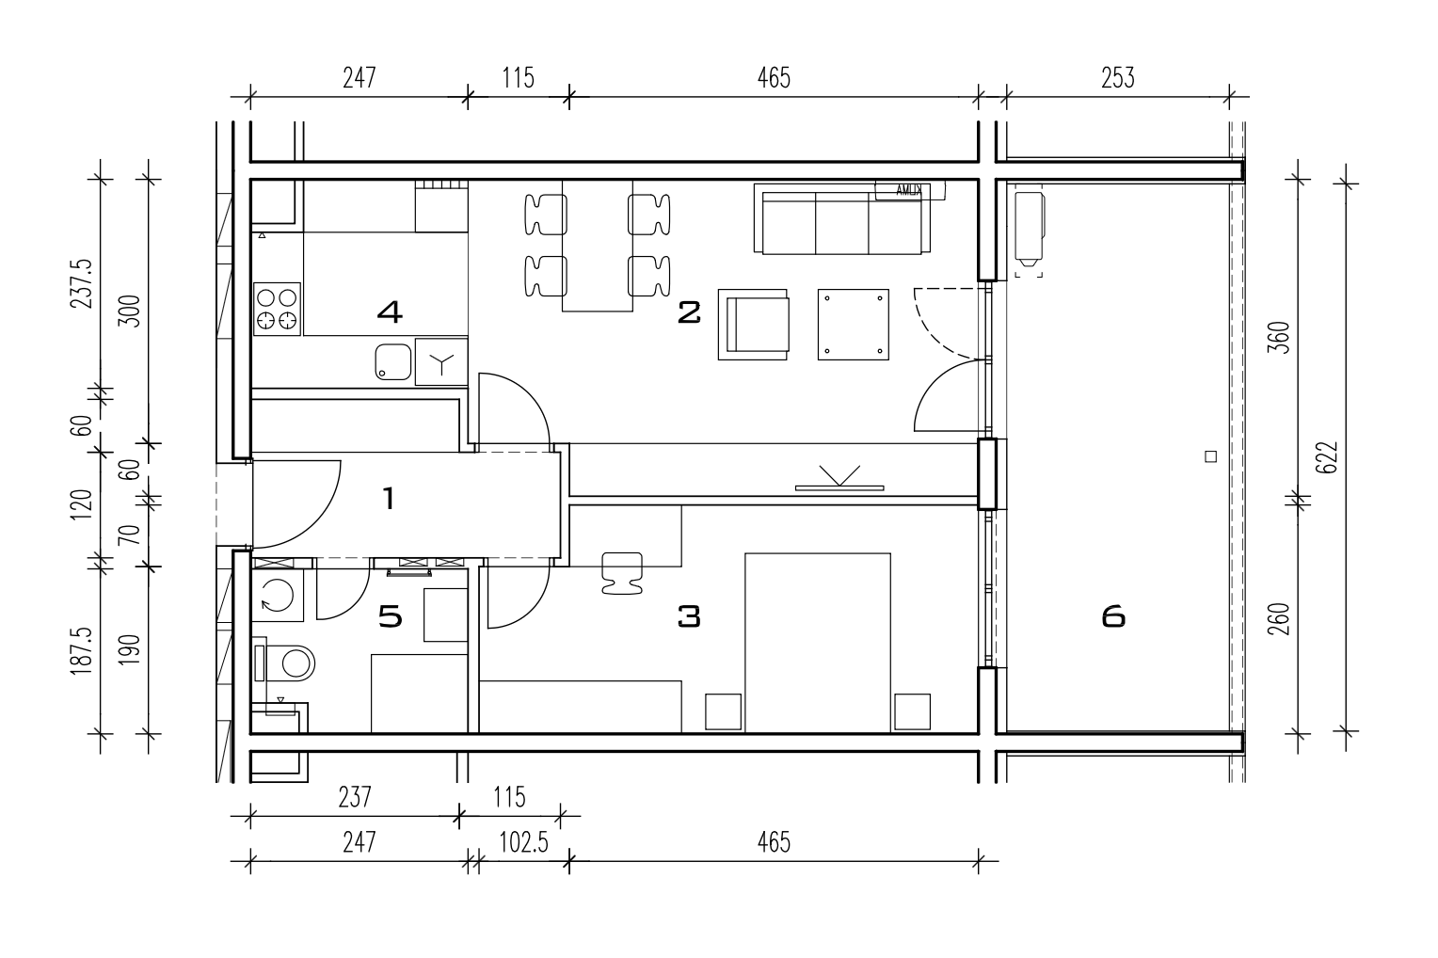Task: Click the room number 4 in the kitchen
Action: pos(389,311)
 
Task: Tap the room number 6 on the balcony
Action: pos(1112,617)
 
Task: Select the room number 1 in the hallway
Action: pos(389,498)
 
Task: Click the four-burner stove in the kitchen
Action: pos(277,309)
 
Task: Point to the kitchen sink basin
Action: pos(392,362)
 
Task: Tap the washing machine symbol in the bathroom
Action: pos(277,597)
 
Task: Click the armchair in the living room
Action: pos(754,324)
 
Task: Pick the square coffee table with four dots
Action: pos(854,324)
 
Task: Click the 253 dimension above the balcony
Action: pos(1117,77)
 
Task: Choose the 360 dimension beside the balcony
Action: pos(1277,338)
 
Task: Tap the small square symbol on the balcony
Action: pos(1211,457)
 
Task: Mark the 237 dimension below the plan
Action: pos(355,798)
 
